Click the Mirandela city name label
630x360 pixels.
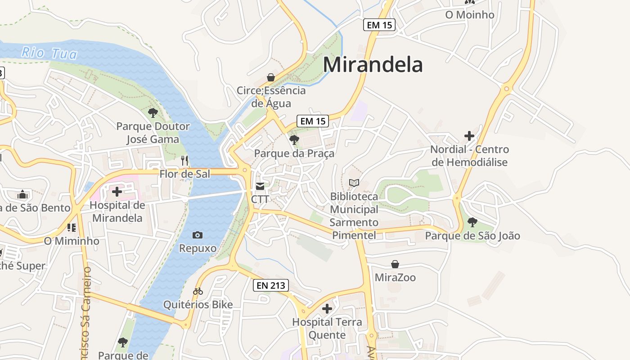373,65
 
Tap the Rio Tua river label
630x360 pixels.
49,53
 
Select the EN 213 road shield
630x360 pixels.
270,285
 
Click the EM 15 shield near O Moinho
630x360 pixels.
379,25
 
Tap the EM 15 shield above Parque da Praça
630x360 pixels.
313,121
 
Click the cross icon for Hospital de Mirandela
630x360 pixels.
117,192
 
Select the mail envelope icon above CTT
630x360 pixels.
260,186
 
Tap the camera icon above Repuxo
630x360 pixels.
198,235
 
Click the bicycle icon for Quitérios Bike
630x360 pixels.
198,292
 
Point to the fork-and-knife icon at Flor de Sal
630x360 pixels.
184,160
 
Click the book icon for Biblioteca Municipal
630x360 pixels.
354,183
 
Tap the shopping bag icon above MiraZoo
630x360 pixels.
395,264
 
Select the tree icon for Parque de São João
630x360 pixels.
472,222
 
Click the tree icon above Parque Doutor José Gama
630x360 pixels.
153,113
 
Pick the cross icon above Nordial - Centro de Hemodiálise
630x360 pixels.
469,135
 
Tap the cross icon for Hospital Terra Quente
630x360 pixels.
327,309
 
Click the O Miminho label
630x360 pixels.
72,241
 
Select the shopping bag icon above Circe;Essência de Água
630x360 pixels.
271,77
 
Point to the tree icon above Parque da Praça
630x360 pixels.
294,139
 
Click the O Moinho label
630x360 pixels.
470,15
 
